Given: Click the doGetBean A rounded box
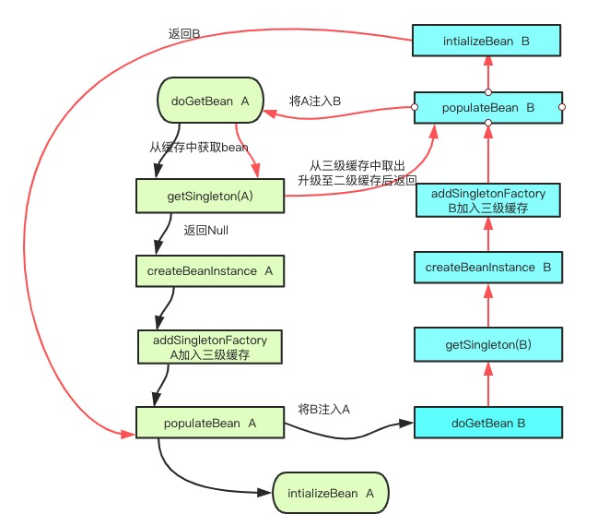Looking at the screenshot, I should click(x=209, y=101).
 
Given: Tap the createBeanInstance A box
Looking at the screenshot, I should click(x=210, y=271).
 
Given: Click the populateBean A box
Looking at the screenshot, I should click(x=210, y=423).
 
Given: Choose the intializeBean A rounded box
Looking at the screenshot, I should click(x=331, y=494).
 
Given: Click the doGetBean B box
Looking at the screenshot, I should click(x=487, y=423).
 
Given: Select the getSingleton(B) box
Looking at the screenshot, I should click(x=487, y=344).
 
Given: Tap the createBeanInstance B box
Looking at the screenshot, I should click(x=487, y=267).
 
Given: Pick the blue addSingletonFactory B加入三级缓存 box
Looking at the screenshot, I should click(x=487, y=200).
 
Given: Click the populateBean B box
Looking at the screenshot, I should click(x=487, y=108).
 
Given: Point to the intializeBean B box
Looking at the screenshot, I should click(x=487, y=41).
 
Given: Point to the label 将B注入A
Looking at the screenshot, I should click(x=324, y=409).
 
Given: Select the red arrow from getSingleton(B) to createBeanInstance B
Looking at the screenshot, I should click(x=487, y=305).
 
